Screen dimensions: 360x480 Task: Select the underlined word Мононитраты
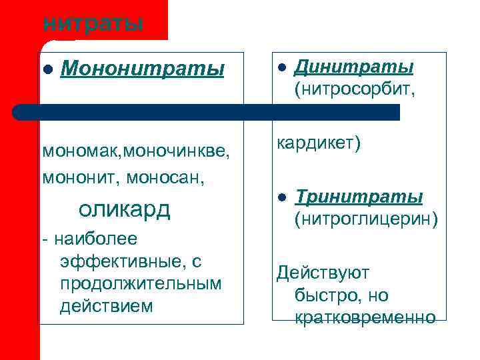tap(142, 69)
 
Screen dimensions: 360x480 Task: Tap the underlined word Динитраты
tap(354, 68)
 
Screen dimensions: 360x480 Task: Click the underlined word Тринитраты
tap(359, 197)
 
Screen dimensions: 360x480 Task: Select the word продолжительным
tap(140, 283)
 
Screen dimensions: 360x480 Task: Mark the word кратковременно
tap(365, 317)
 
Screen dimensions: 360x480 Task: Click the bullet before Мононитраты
tap(47, 69)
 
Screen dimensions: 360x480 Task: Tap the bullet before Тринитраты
tap(281, 198)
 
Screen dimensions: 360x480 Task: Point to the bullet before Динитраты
tap(281, 69)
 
